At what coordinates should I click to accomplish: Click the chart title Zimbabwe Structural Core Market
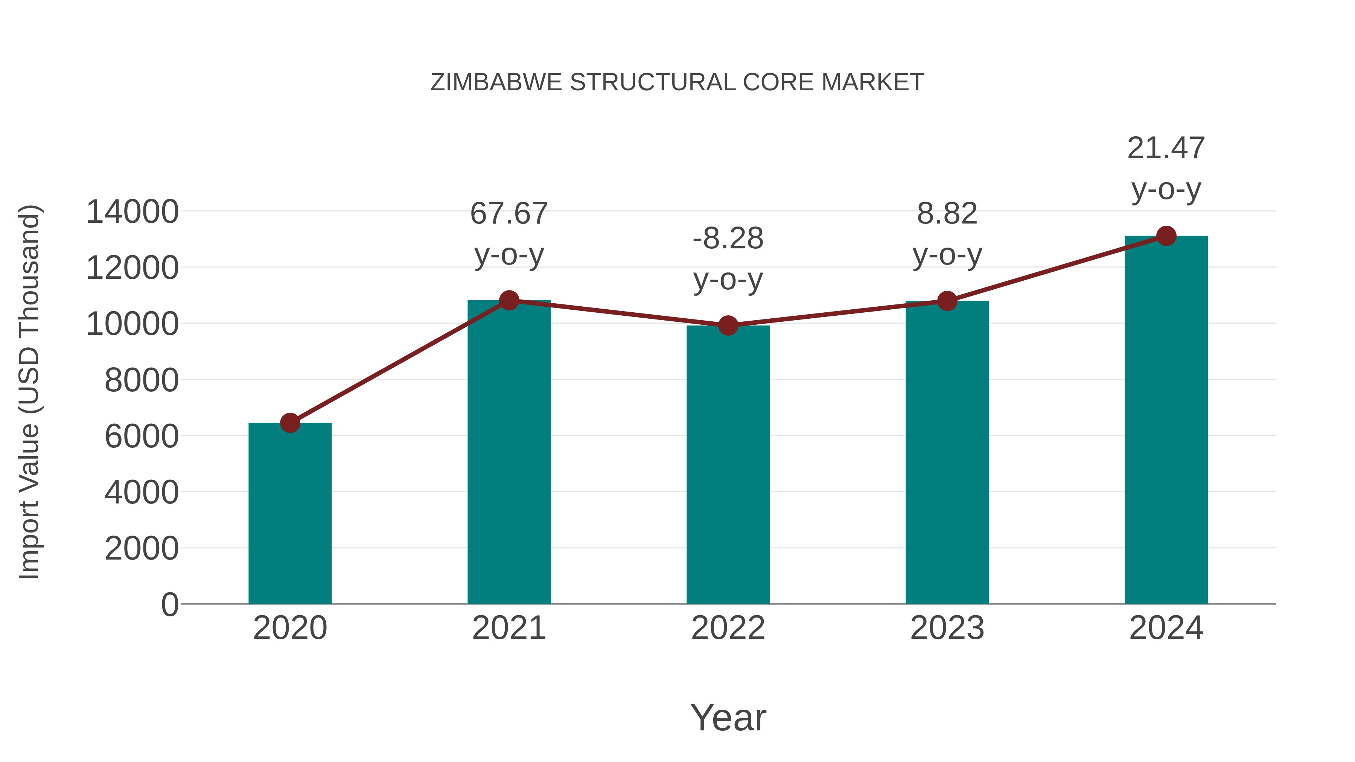click(x=677, y=82)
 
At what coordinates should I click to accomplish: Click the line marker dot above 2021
click(x=509, y=300)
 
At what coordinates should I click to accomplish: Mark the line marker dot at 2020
click(x=290, y=423)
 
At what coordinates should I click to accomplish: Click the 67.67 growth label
click(x=509, y=214)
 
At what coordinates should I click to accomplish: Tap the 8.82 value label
click(x=947, y=214)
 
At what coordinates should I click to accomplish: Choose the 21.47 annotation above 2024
click(x=1166, y=148)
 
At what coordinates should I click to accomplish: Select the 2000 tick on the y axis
click(x=142, y=549)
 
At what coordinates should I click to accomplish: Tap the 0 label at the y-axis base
click(x=169, y=605)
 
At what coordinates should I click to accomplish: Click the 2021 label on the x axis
click(x=509, y=628)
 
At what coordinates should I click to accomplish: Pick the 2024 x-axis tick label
click(x=1166, y=628)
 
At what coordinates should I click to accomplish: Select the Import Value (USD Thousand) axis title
click(x=29, y=392)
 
